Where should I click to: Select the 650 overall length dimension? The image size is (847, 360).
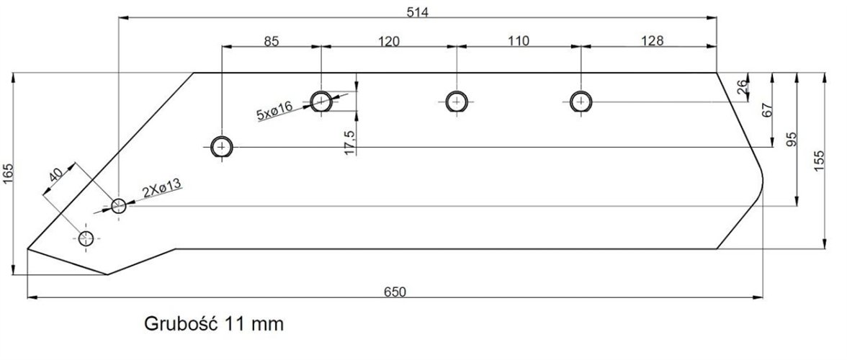click(x=395, y=292)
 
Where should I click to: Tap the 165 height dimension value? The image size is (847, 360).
click(x=8, y=174)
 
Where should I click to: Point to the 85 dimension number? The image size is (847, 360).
click(x=270, y=41)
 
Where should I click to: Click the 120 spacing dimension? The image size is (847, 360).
click(x=389, y=41)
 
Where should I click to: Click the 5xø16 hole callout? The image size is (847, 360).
click(x=274, y=109)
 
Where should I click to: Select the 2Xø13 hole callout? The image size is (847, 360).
click(x=161, y=191)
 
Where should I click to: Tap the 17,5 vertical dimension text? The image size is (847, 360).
click(x=350, y=142)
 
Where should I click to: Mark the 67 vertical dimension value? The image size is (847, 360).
click(x=767, y=111)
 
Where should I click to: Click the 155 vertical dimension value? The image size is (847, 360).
click(x=819, y=160)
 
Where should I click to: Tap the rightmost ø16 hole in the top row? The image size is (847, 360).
click(x=581, y=102)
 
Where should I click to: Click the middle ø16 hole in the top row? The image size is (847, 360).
click(x=456, y=102)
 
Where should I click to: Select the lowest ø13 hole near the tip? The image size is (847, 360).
click(x=87, y=238)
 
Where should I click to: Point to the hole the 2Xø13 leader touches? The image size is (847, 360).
click(x=119, y=206)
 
